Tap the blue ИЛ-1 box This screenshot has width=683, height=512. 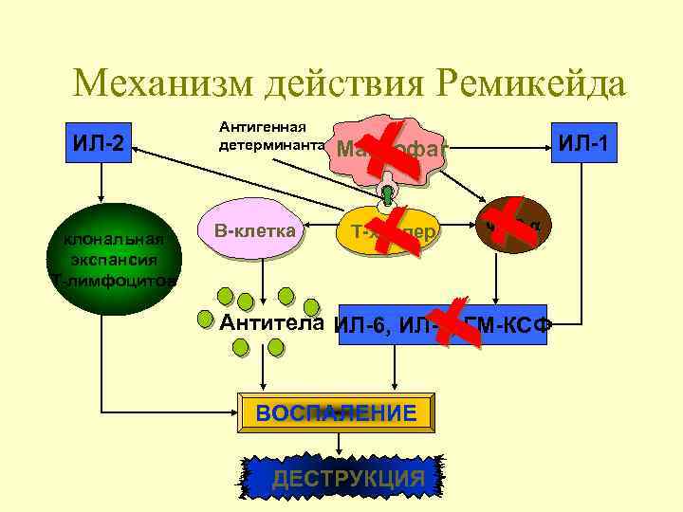pos(584,142)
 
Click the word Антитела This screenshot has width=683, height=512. pos(272,323)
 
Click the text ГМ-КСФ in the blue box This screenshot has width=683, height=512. pos(513,325)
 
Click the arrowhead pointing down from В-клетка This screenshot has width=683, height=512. pos(262,292)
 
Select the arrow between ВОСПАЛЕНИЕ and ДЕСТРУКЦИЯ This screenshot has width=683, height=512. pos(339,441)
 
